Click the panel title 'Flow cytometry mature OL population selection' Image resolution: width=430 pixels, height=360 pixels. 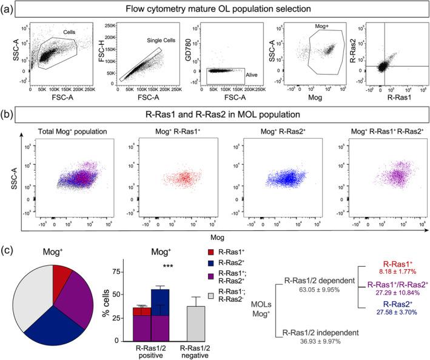(215, 9)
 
